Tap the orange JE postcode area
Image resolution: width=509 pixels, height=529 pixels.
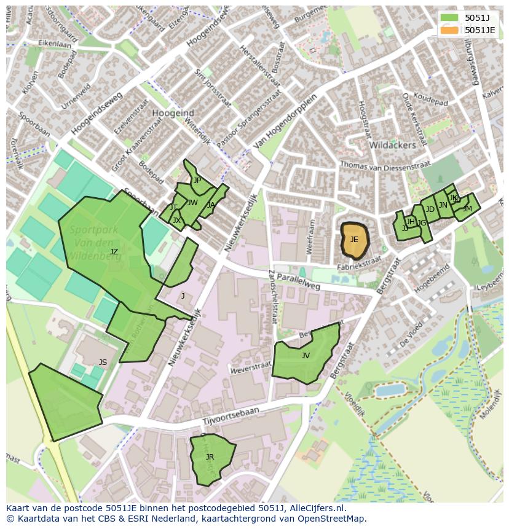point(354,240)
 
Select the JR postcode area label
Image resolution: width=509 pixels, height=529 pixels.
point(210,457)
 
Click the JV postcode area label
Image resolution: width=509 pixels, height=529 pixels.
point(306,356)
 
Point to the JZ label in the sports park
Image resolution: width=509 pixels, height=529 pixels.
point(114,252)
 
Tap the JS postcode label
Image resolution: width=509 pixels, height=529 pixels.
point(103,362)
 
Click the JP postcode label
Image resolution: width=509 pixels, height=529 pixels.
point(197,181)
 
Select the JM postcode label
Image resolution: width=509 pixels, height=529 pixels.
point(467,209)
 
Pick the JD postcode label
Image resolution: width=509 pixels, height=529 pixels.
point(430,210)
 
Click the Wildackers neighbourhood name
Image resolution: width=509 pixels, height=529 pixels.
point(393,146)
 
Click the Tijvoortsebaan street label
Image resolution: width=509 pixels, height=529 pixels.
point(227,419)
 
